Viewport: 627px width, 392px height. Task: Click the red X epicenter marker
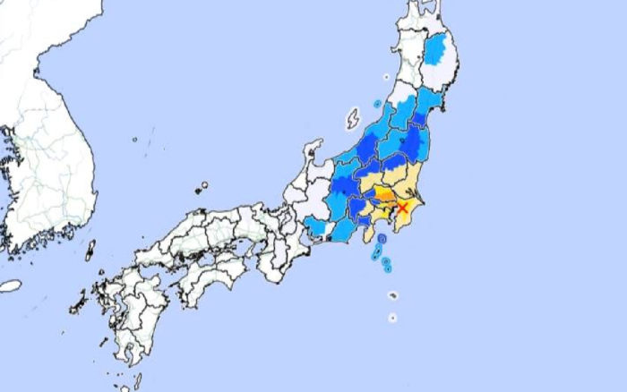pyautogui.click(x=402, y=208)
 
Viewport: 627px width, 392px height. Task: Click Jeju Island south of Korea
pyautogui.click(x=10, y=285)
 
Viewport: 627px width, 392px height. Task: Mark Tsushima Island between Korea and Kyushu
pyautogui.click(x=90, y=250)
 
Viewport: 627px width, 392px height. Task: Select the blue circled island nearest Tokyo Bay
pyautogui.click(x=382, y=239)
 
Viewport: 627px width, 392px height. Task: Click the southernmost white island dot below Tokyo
pyautogui.click(x=392, y=317)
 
